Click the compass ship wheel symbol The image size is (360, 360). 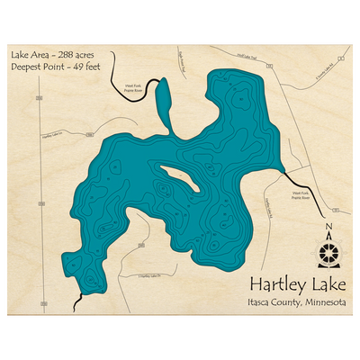pos(328,248)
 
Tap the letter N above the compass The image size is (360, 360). pos(328,228)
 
